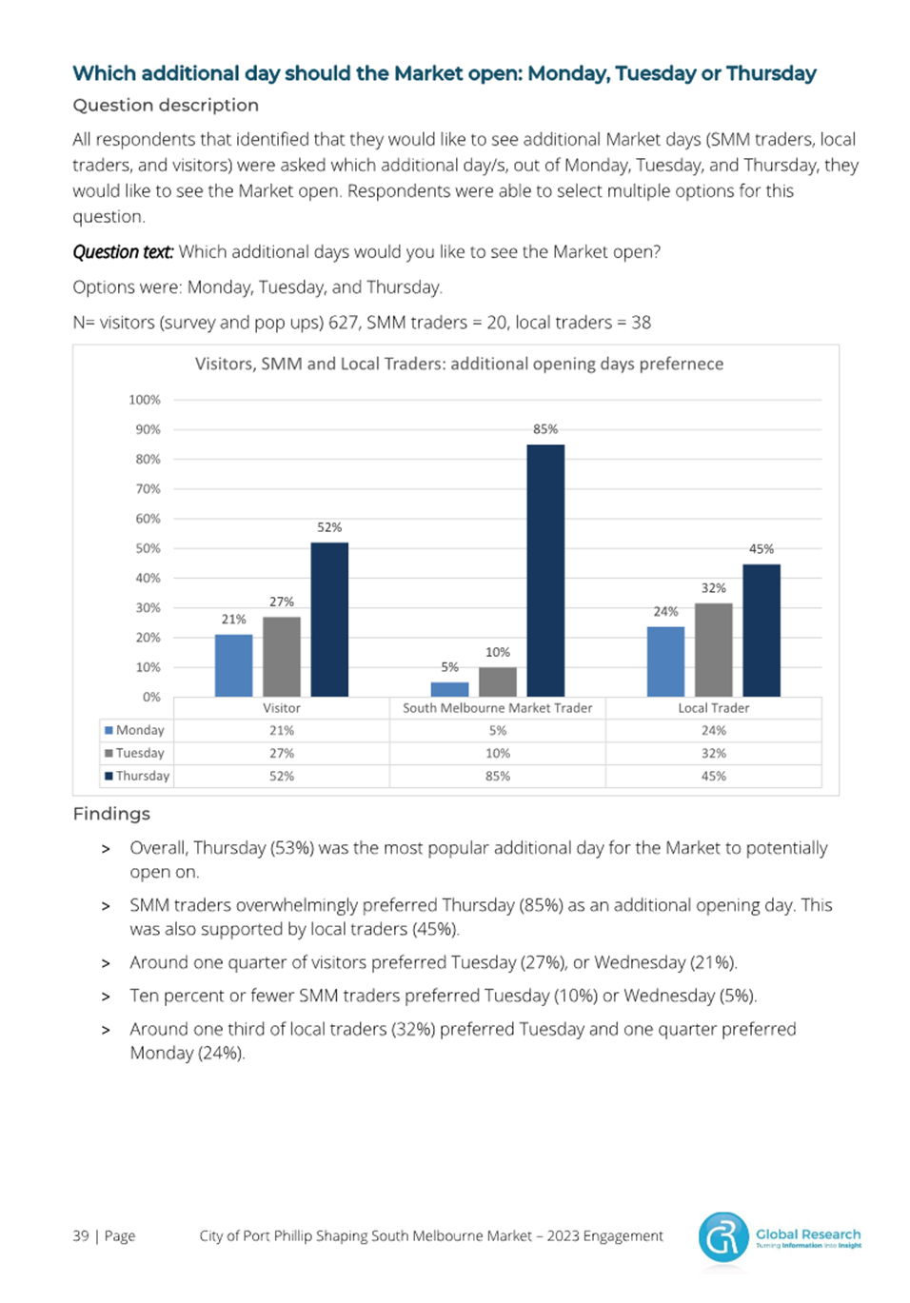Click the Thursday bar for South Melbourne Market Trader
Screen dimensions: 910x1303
(x=545, y=570)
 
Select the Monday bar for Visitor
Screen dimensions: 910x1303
(x=233, y=665)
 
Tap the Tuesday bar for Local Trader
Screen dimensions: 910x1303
(x=713, y=650)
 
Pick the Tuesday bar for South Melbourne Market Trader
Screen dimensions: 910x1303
(x=498, y=681)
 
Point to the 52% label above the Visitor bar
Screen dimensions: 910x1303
(x=329, y=527)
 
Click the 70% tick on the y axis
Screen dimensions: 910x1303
(x=148, y=488)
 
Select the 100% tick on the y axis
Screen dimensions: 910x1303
(x=145, y=400)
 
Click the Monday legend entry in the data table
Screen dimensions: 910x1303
(x=134, y=730)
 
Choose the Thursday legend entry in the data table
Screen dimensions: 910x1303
(x=137, y=776)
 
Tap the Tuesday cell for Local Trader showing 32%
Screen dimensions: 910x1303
(x=713, y=753)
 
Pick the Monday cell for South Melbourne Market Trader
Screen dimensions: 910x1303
(x=498, y=730)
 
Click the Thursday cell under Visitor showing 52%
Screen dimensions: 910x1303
(x=282, y=776)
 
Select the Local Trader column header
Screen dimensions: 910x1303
(x=713, y=708)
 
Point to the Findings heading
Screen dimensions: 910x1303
(x=111, y=813)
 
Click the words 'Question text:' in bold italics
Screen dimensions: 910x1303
(x=123, y=252)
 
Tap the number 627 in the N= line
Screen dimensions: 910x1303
(x=343, y=323)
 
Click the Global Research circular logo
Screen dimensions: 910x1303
(x=723, y=1237)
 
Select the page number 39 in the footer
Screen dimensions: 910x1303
(x=80, y=1235)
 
